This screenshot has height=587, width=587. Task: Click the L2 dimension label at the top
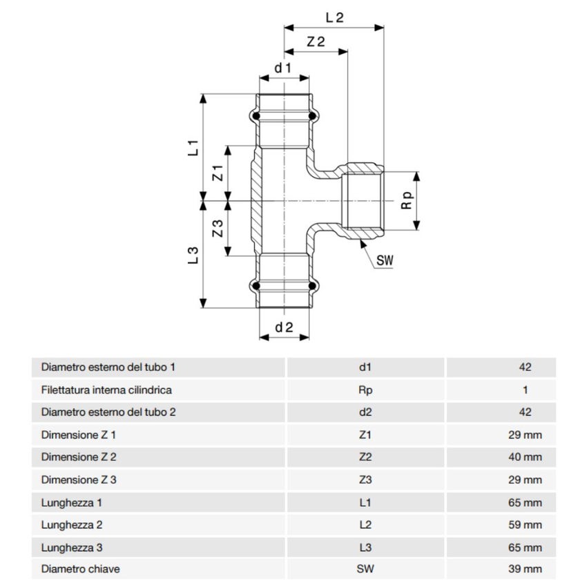(334, 18)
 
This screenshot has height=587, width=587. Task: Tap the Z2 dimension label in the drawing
(316, 41)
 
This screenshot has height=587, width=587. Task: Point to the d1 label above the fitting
(283, 68)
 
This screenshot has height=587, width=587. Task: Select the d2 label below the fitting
(284, 328)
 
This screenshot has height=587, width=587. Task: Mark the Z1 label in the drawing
(217, 173)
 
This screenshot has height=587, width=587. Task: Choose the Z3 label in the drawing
(217, 229)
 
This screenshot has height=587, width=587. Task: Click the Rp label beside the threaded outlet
(407, 200)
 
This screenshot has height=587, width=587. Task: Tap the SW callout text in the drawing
(385, 260)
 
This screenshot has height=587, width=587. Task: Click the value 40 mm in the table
(526, 456)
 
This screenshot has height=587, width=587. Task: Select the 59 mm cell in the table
(526, 524)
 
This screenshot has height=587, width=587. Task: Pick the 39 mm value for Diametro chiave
(526, 569)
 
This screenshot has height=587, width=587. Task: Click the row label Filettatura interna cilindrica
(106, 389)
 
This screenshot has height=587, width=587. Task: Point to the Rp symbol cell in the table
(365, 389)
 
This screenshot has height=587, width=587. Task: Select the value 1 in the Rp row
(526, 389)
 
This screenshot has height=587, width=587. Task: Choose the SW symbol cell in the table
(365, 569)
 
